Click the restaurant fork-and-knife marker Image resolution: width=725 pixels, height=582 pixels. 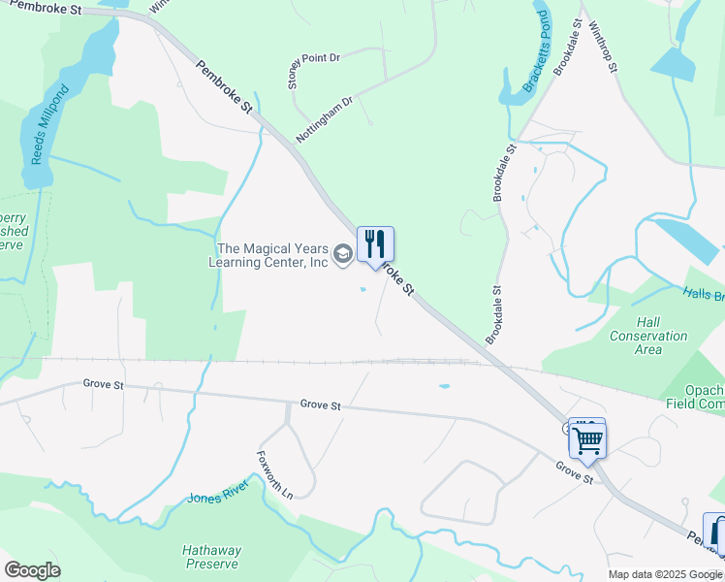[x=375, y=244]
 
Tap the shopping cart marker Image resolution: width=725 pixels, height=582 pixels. [x=587, y=438]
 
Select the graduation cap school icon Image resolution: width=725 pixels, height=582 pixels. [x=342, y=255]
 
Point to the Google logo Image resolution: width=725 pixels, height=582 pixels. [x=32, y=570]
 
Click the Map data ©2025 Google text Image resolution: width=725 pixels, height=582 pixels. [x=665, y=574]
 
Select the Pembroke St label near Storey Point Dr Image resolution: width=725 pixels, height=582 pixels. [x=224, y=92]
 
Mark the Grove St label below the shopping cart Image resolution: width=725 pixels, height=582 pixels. [x=574, y=472]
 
